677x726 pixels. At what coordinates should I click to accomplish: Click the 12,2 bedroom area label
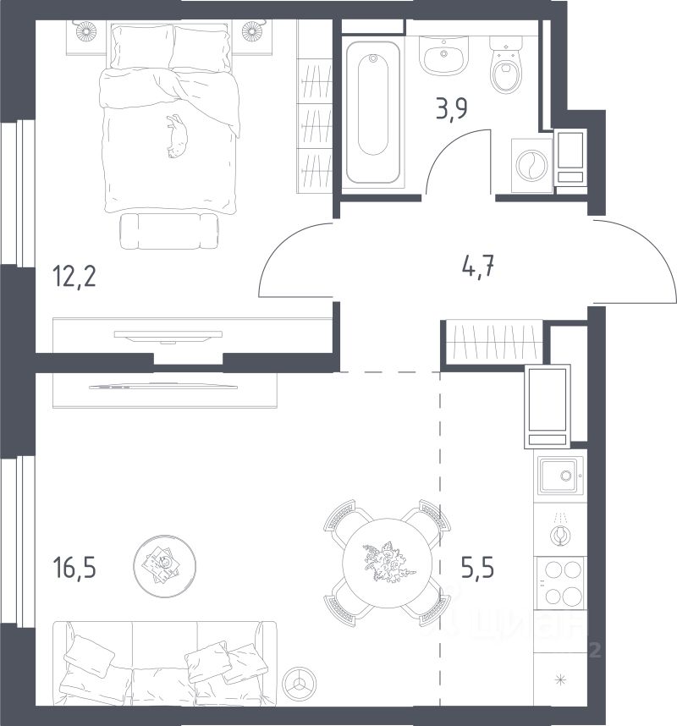75,277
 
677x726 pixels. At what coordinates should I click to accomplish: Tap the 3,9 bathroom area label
452,109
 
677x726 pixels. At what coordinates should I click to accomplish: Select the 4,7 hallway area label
478,267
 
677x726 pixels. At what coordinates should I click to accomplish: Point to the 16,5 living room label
75,568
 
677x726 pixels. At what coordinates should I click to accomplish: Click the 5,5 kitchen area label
477,568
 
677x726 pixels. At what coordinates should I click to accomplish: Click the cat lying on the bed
178,136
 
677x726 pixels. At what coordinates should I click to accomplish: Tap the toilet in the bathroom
506,65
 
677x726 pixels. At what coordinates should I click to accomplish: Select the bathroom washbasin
444,56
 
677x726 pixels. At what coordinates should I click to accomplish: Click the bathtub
373,113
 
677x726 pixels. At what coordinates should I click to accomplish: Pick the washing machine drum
532,165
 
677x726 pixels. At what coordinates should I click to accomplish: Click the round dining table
387,563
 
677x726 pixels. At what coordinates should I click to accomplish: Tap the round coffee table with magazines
164,566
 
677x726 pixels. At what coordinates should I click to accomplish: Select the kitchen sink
561,476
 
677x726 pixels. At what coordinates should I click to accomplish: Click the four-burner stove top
561,583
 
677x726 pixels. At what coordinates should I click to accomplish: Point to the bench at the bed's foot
169,231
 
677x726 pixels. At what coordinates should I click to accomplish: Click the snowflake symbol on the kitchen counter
561,679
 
